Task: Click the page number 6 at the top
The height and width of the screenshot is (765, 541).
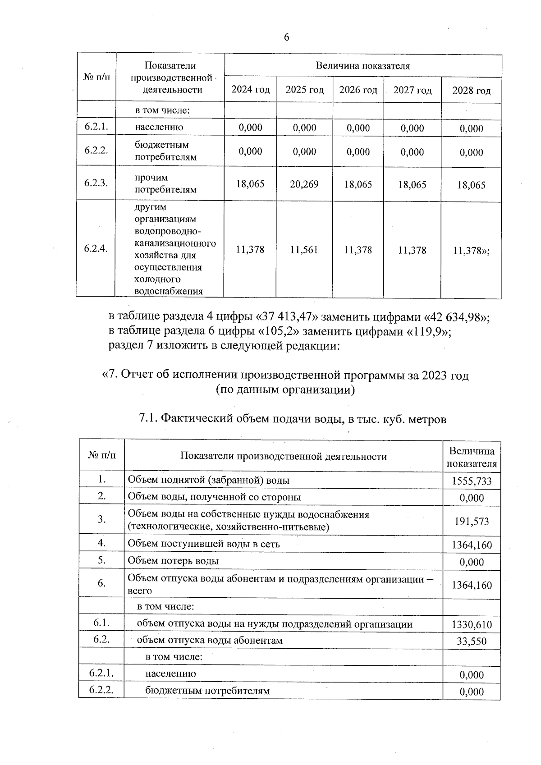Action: click(x=287, y=37)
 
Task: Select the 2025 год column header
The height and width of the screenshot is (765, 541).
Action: click(x=304, y=90)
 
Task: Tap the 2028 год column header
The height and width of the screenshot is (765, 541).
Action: click(x=471, y=91)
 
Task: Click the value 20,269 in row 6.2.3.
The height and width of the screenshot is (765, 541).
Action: click(x=304, y=184)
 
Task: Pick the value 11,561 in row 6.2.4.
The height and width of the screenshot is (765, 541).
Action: click(x=304, y=250)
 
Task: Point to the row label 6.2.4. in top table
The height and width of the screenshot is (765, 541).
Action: click(x=96, y=248)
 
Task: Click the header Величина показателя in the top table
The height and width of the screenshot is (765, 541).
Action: click(x=362, y=66)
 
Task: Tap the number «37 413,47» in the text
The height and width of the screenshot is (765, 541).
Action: click(x=285, y=317)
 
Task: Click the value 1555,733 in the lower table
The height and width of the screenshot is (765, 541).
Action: click(x=472, y=481)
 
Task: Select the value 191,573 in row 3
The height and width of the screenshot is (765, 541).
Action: click(x=472, y=522)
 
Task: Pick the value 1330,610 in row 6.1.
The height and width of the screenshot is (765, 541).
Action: click(x=472, y=625)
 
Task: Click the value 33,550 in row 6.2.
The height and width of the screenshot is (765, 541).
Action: click(x=472, y=641)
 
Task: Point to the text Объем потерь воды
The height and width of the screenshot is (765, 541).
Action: click(x=174, y=561)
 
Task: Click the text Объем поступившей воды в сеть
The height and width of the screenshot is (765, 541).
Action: click(x=204, y=544)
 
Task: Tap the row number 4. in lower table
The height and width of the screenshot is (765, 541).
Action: click(x=102, y=543)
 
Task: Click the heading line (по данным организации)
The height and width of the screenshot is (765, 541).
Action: click(x=285, y=389)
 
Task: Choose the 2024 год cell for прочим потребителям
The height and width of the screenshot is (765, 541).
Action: click(x=250, y=184)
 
